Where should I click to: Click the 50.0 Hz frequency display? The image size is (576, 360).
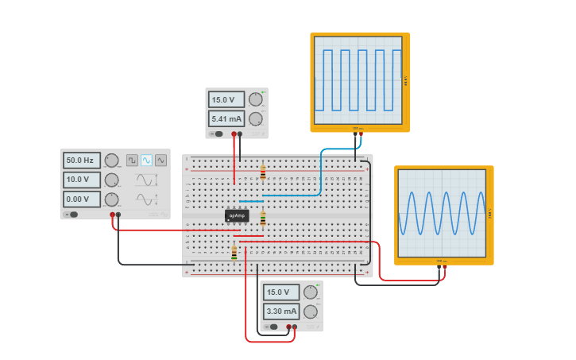pyautogui.click(x=82, y=161)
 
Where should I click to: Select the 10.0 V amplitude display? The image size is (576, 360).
pyautogui.click(x=82, y=180)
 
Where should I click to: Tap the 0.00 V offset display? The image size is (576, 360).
pyautogui.click(x=82, y=199)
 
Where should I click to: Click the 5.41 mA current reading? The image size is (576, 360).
pyautogui.click(x=226, y=118)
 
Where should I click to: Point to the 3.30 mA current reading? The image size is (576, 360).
pyautogui.click(x=281, y=311)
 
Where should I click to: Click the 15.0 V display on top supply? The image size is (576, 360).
pyautogui.click(x=226, y=100)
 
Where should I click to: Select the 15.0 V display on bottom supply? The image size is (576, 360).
pyautogui.click(x=281, y=292)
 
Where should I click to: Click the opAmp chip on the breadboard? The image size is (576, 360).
pyautogui.click(x=237, y=215)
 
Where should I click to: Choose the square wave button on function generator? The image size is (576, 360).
pyautogui.click(x=132, y=160)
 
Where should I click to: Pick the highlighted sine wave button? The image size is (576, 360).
pyautogui.click(x=146, y=160)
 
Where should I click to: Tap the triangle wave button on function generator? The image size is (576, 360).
pyautogui.click(x=160, y=160)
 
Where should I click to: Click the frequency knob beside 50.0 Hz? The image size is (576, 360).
pyautogui.click(x=112, y=161)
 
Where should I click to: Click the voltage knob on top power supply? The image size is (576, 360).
pyautogui.click(x=255, y=99)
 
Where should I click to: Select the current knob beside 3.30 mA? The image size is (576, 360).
pyautogui.click(x=310, y=311)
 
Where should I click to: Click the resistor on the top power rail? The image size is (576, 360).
pyautogui.click(x=263, y=172)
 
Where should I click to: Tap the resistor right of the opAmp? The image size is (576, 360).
pyautogui.click(x=263, y=218)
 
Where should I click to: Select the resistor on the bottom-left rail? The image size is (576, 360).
pyautogui.click(x=234, y=253)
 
